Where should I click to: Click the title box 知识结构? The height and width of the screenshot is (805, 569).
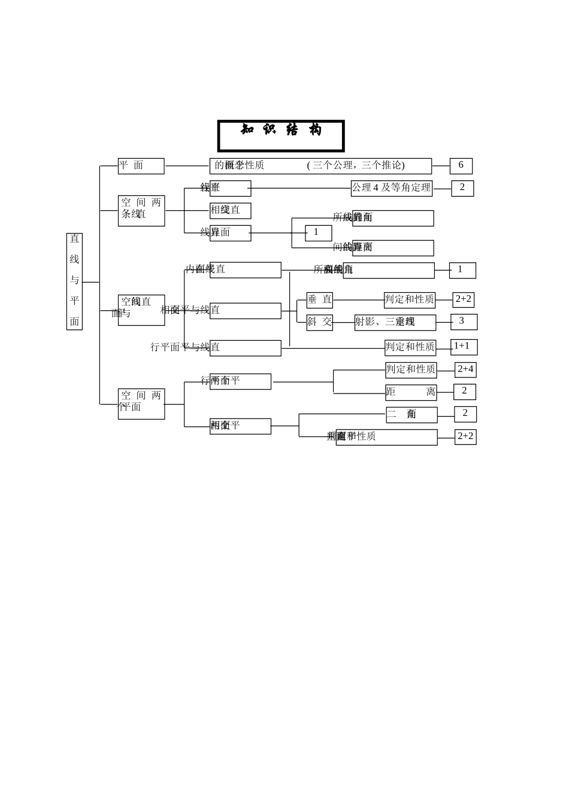(281, 136)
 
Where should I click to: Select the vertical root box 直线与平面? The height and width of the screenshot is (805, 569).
(74, 282)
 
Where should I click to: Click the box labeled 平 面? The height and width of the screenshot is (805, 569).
(141, 166)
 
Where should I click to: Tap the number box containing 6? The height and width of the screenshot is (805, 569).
(461, 166)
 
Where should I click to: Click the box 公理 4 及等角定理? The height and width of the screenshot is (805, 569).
(391, 188)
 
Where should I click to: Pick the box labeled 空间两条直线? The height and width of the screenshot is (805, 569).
(141, 211)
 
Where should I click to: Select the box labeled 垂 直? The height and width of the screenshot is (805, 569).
(319, 300)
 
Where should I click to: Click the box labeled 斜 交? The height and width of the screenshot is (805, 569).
(319, 322)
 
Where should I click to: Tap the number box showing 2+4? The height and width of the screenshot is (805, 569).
(465, 370)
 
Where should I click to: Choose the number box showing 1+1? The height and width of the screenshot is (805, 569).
(464, 347)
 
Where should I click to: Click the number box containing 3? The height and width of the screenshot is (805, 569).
(464, 322)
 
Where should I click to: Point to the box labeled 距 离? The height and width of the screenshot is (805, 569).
(411, 392)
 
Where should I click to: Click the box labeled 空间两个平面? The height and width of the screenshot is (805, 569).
(141, 404)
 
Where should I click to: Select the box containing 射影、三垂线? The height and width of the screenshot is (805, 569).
(395, 322)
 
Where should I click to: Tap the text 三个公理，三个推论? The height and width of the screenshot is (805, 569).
(356, 166)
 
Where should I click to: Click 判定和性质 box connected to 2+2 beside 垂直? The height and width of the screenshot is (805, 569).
(410, 300)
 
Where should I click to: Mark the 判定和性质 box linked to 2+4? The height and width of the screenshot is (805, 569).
(411, 370)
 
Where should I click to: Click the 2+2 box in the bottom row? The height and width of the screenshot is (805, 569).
(465, 437)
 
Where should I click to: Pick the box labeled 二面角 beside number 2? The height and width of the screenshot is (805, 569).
(411, 414)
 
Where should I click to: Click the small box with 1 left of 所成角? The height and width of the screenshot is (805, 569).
(318, 233)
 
